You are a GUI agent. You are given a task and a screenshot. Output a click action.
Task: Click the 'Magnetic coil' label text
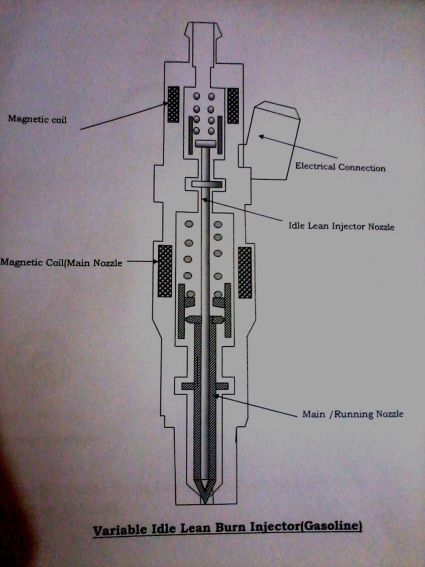click(37, 119)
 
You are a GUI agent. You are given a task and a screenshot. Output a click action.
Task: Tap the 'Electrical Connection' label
click(340, 168)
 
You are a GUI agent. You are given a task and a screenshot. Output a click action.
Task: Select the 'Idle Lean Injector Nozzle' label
click(341, 226)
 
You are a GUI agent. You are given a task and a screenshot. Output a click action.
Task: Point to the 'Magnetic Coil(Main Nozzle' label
click(62, 262)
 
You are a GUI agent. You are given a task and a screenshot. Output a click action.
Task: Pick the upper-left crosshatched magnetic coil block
click(173, 104)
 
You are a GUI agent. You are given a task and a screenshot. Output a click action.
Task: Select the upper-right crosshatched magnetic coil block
click(233, 105)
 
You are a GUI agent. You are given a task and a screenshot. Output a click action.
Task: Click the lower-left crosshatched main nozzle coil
click(165, 271)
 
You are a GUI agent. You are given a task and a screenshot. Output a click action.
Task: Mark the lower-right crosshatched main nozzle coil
click(245, 272)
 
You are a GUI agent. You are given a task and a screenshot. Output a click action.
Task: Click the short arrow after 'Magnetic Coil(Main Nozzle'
click(141, 261)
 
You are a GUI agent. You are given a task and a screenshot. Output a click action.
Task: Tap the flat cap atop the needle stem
click(206, 144)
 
